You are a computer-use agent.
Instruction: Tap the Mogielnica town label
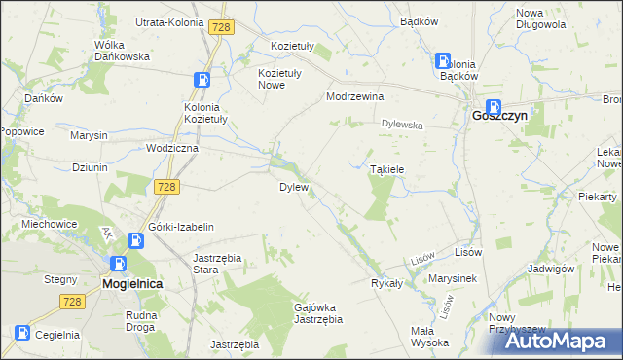pyautogui.click(x=131, y=283)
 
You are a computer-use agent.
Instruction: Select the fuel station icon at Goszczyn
pyautogui.click(x=494, y=108)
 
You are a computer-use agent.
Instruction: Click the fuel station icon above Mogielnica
pyautogui.click(x=118, y=264)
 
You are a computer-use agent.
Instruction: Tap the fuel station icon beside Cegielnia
pyautogui.click(x=20, y=334)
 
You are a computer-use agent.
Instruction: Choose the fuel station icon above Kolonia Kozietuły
pyautogui.click(x=202, y=81)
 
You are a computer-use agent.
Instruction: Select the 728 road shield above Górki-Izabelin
pyautogui.click(x=166, y=186)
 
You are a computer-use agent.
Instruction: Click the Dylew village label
pyautogui.click(x=294, y=186)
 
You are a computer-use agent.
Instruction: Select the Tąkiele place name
pyautogui.click(x=386, y=168)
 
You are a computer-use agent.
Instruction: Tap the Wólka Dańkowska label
pyautogui.click(x=121, y=51)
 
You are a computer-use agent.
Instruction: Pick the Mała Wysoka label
pyautogui.click(x=429, y=336)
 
